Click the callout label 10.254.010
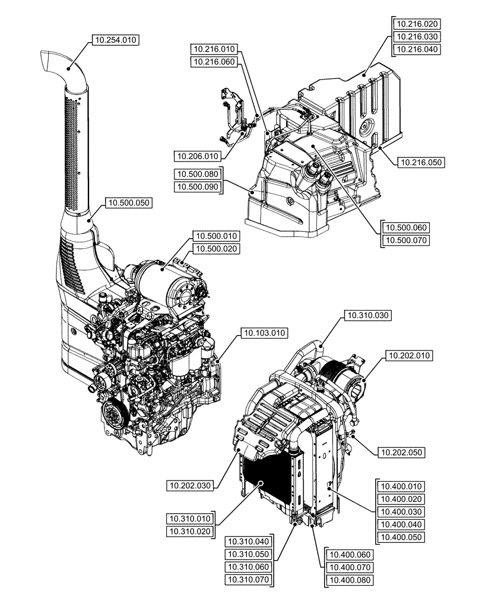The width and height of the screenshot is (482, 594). pos(115,40)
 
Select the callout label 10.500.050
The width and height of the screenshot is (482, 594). pos(129,203)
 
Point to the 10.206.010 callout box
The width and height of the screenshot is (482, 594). pos(197,156)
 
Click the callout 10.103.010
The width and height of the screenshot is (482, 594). pos(263,334)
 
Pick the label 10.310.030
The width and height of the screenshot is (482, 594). pos(367,315)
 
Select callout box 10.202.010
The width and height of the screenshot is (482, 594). pos(410,356)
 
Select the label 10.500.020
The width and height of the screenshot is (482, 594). pos(217,249)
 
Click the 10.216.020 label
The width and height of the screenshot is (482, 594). pos(417,24)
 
